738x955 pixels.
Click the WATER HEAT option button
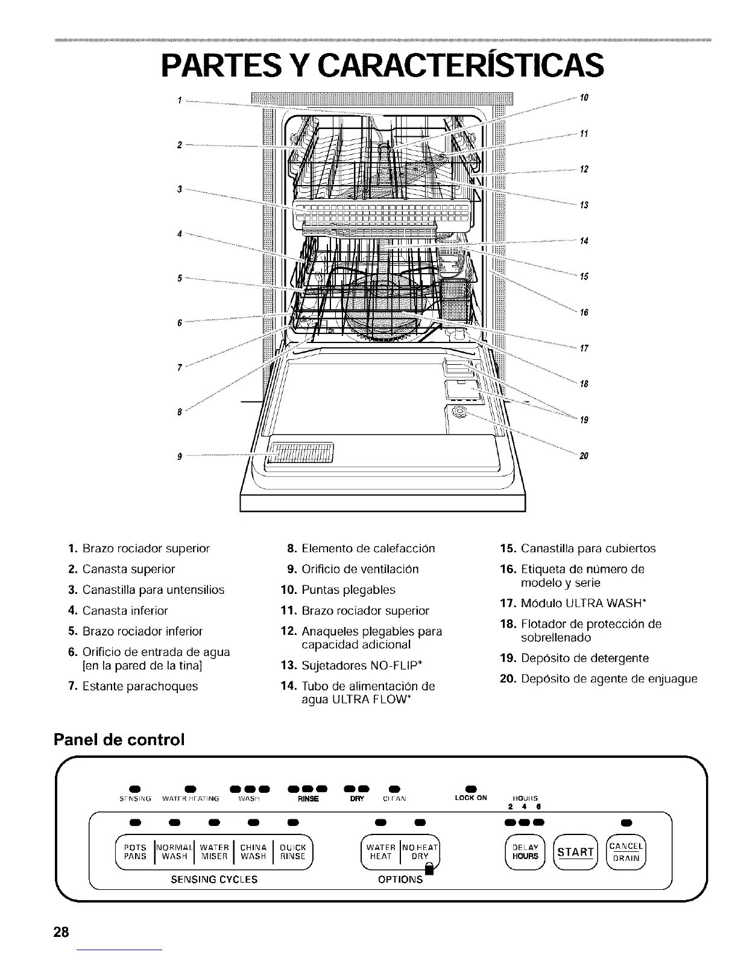tap(380, 851)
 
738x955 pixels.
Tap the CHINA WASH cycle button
tap(253, 851)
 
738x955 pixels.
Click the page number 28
tap(61, 932)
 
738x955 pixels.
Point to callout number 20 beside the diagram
tap(584, 455)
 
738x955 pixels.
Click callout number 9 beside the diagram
tap(180, 456)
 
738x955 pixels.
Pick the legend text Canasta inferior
tap(125, 610)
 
